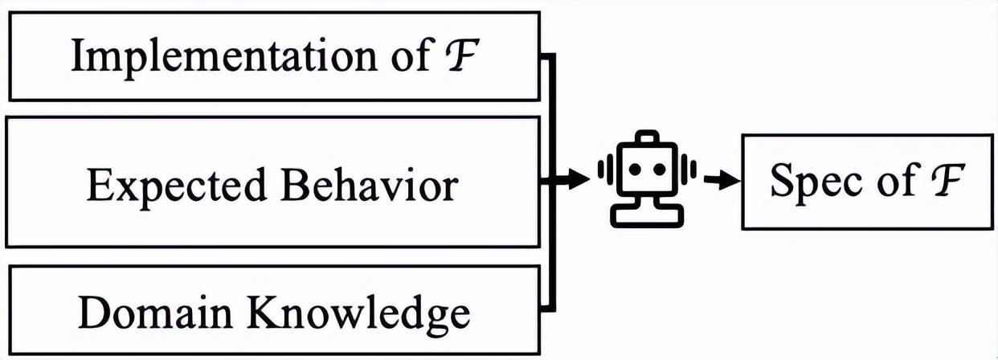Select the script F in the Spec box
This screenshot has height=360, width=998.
pos(950,182)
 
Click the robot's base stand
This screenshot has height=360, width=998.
pos(648,215)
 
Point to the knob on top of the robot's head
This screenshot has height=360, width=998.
pos(648,138)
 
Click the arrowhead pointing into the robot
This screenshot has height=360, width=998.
pos(579,181)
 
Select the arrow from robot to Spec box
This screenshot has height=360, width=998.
pos(720,182)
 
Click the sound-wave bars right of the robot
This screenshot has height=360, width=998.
pos(690,170)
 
